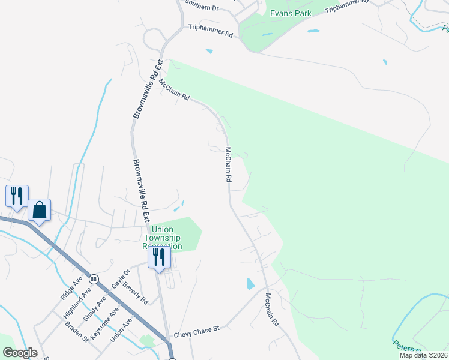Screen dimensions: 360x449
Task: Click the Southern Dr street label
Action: [202, 5]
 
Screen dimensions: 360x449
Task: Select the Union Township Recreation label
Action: [162, 238]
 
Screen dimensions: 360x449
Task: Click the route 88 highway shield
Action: [93, 280]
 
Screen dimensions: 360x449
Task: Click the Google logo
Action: [20, 353]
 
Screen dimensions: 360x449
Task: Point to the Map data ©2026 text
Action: [423, 355]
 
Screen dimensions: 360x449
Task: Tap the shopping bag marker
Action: [39, 211]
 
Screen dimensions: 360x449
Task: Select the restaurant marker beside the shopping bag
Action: [17, 195]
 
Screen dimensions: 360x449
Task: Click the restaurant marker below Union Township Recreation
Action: [159, 257]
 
